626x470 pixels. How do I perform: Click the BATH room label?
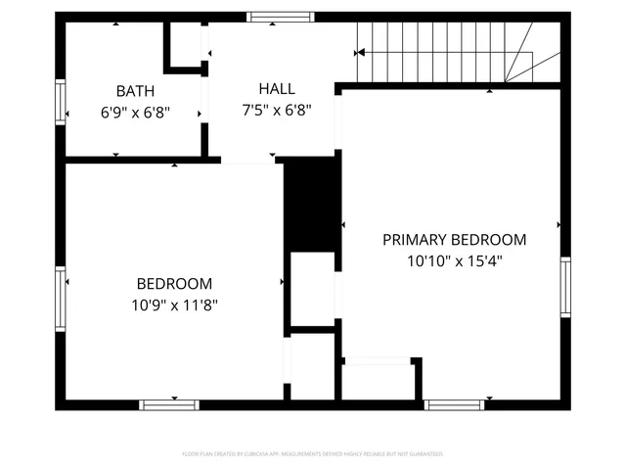[x=135, y=90]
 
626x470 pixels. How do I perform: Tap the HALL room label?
[x=277, y=88]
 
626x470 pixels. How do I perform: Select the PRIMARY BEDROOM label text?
[x=454, y=239]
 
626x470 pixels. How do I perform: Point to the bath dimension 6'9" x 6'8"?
[x=135, y=112]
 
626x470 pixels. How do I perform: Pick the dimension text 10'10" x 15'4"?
[x=454, y=261]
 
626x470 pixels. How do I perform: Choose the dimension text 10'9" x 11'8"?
[x=176, y=305]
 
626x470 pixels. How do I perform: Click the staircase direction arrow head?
[x=361, y=53]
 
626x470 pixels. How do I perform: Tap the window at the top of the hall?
[x=281, y=17]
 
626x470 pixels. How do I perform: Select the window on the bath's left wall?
[x=60, y=104]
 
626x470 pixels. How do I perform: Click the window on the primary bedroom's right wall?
[x=565, y=287]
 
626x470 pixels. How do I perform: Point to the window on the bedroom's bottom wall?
[x=169, y=404]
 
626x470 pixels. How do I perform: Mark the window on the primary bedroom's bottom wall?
[x=454, y=404]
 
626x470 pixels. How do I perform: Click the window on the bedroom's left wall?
[x=60, y=299]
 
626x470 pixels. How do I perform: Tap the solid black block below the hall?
[x=310, y=206]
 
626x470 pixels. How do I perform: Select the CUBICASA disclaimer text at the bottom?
[x=313, y=454]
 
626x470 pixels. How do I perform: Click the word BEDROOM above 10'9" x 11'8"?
[x=174, y=283]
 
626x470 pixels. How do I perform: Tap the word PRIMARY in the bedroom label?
[x=414, y=239]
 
